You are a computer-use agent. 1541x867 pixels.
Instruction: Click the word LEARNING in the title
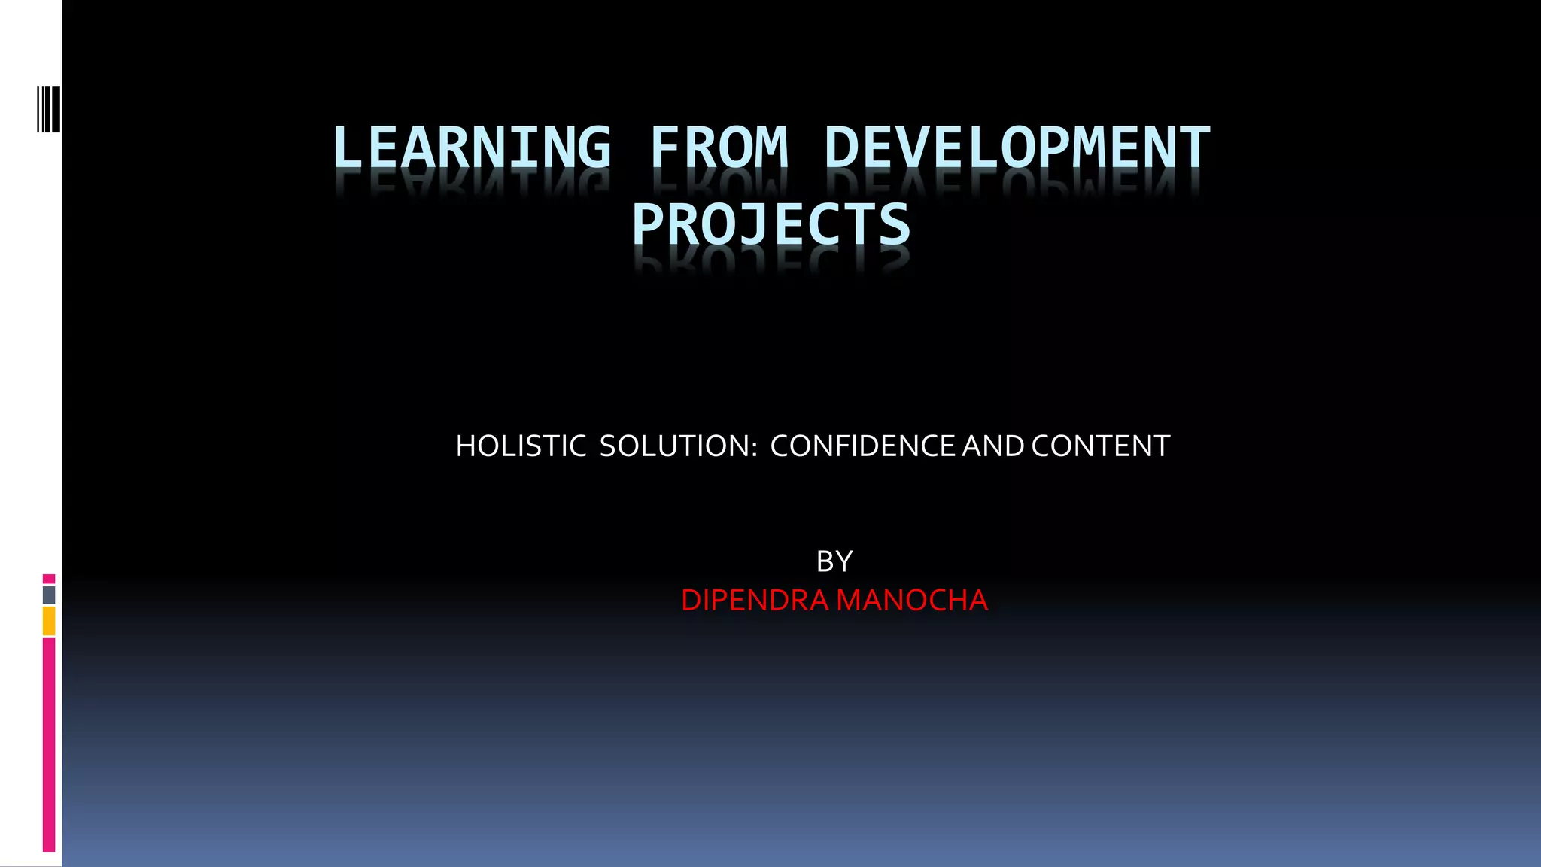[x=472, y=148]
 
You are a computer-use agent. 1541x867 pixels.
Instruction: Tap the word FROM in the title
[x=719, y=148]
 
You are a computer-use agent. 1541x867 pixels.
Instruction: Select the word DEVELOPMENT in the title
[x=1017, y=148]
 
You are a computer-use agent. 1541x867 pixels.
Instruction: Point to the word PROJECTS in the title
[x=771, y=224]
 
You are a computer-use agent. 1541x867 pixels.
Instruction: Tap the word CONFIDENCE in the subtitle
[x=864, y=446]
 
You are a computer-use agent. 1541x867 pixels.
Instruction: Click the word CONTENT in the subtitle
[x=1101, y=446]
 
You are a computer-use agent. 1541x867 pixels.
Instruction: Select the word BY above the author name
[x=834, y=561]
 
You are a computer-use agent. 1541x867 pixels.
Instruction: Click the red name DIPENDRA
[x=755, y=601]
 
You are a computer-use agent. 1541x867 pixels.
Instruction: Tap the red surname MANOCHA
[x=912, y=601]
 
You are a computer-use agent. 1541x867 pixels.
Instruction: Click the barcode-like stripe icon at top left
[x=48, y=109]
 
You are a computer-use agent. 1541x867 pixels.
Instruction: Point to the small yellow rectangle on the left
[x=49, y=622]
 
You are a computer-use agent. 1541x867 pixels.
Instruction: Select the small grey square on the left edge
[x=49, y=595]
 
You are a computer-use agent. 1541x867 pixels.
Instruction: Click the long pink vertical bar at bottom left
[x=49, y=745]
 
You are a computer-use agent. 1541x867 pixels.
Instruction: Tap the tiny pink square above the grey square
[x=49, y=579]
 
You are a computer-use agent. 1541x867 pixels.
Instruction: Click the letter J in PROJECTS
[x=753, y=224]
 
